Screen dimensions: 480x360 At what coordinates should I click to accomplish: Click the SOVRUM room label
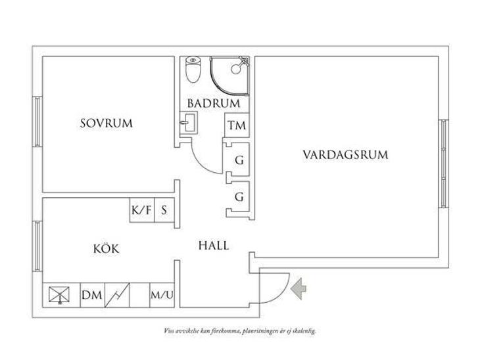pyautogui.click(x=107, y=124)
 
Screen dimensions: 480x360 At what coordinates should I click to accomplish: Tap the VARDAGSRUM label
pyautogui.click(x=345, y=154)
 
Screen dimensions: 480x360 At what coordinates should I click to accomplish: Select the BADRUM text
pyautogui.click(x=214, y=103)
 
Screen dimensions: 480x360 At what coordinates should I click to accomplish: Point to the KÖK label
pyautogui.click(x=107, y=248)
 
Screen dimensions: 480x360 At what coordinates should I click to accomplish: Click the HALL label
pyautogui.click(x=214, y=246)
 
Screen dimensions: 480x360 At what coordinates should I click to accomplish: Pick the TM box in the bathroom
pyautogui.click(x=237, y=125)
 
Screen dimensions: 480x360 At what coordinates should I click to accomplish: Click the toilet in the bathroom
pyautogui.click(x=193, y=70)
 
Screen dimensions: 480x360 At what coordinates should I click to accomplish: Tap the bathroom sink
pyautogui.click(x=189, y=122)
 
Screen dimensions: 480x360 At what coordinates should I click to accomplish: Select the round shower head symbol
pyautogui.click(x=236, y=69)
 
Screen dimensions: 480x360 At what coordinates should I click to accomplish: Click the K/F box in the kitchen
pyautogui.click(x=142, y=210)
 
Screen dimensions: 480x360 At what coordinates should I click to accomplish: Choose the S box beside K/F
pyautogui.click(x=164, y=210)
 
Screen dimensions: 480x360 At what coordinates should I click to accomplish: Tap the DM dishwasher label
pyautogui.click(x=92, y=295)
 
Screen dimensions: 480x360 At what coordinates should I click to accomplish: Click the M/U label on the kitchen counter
pyautogui.click(x=162, y=295)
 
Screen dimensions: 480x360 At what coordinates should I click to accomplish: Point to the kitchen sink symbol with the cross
pyautogui.click(x=59, y=295)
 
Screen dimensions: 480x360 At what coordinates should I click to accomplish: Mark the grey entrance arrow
pyautogui.click(x=299, y=288)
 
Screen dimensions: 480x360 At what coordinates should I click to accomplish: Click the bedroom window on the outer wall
pyautogui.click(x=37, y=122)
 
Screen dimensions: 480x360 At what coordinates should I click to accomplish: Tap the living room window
pyautogui.click(x=444, y=164)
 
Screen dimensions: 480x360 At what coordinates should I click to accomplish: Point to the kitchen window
pyautogui.click(x=37, y=246)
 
